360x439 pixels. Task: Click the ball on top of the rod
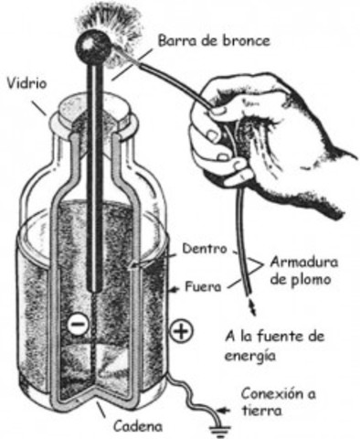coord(96,44)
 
